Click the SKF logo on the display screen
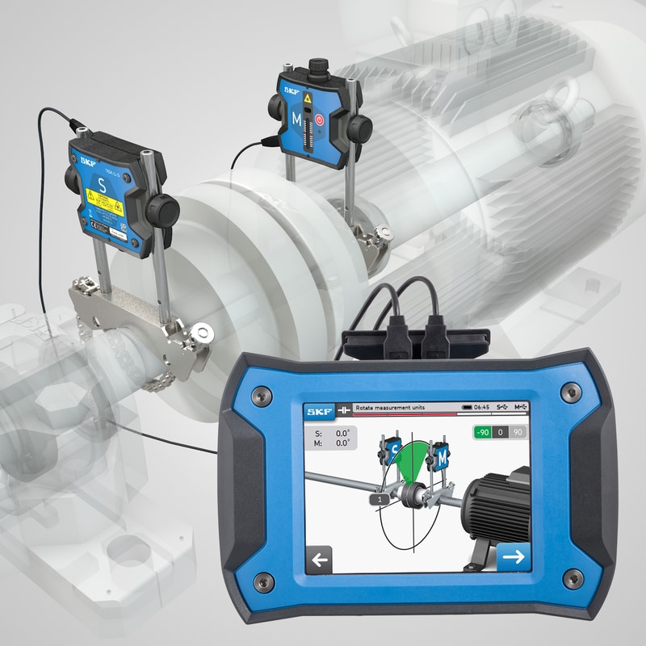point(318,410)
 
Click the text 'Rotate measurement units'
point(388,409)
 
